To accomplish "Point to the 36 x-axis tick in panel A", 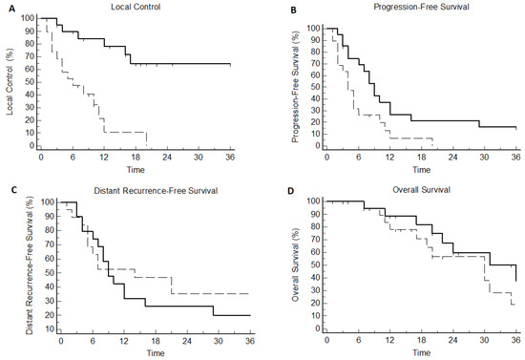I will click(x=229, y=157).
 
